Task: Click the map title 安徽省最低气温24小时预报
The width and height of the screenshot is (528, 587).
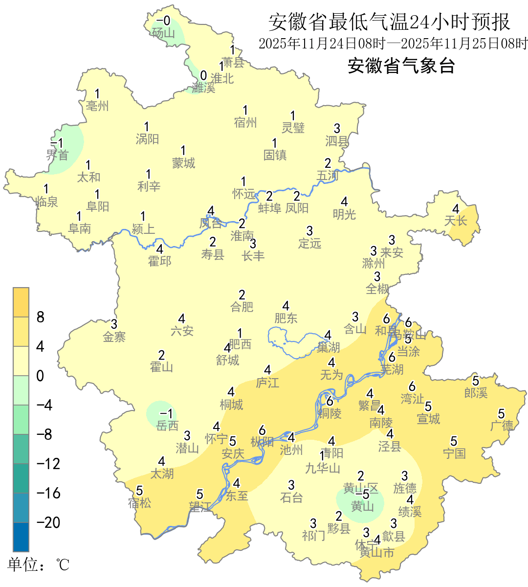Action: [x=389, y=22]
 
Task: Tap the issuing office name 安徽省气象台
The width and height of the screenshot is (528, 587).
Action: [x=401, y=66]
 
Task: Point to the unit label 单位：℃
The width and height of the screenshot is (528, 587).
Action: [x=39, y=565]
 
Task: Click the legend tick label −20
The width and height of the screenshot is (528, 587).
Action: [x=48, y=522]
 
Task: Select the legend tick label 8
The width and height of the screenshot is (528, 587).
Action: [x=41, y=317]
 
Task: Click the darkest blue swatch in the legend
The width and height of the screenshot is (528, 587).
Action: [x=21, y=537]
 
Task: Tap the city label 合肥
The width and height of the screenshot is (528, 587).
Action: [x=242, y=307]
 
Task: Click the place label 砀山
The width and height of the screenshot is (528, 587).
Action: [x=163, y=33]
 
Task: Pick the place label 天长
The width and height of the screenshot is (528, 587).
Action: [x=456, y=221]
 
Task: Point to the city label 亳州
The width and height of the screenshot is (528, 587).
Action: [x=97, y=106]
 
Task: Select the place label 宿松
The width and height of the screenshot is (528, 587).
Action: [x=140, y=502]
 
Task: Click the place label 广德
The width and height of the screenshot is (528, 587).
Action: [x=502, y=426]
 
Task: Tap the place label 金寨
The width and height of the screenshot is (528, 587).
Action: [x=114, y=337]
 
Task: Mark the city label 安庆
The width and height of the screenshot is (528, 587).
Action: [x=233, y=453]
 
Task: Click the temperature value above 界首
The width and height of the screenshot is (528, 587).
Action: [x=57, y=143]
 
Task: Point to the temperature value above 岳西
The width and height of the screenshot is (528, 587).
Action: [x=166, y=414]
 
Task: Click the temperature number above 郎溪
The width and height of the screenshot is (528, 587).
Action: [x=476, y=381]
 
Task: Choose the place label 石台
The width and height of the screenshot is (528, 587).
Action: [x=291, y=497]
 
